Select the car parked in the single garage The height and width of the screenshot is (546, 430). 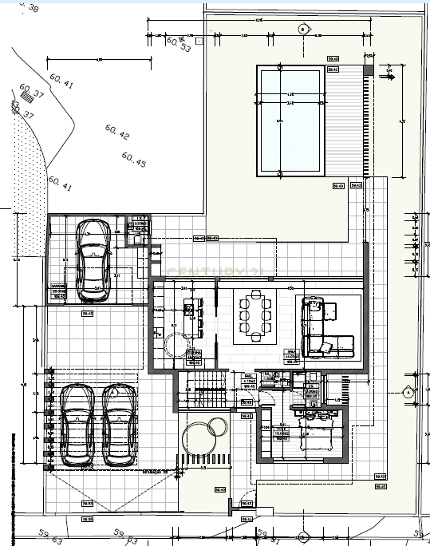tap(93, 261)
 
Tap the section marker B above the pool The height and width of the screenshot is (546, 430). tap(302, 30)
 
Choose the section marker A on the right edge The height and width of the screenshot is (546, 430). tap(408, 392)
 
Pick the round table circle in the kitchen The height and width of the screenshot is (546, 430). tap(175, 346)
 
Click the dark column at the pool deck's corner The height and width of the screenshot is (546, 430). tap(368, 70)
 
